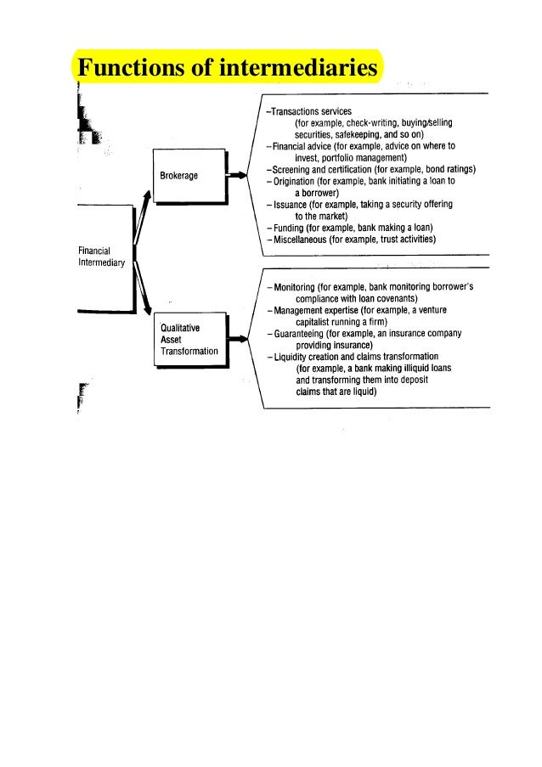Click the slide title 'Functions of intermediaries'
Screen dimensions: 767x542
228,67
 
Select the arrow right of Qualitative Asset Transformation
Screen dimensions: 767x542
240,338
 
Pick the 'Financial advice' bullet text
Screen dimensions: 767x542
300,146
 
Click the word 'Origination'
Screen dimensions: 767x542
294,181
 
